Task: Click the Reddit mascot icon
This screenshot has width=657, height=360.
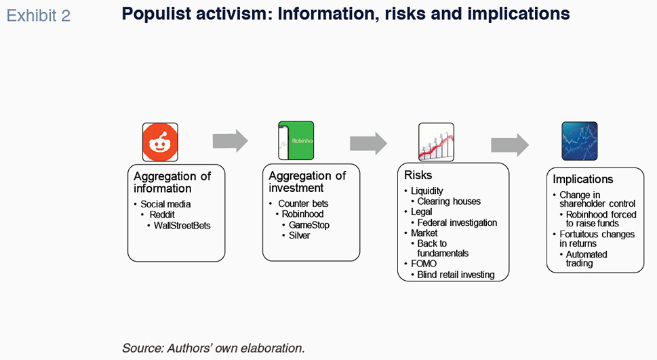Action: point(160,142)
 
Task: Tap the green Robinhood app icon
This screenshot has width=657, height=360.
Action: point(296,140)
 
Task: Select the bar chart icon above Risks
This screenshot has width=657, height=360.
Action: point(436,142)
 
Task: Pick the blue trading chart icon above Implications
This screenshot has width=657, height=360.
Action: point(580,141)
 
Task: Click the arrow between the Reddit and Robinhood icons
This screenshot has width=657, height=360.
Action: point(230,141)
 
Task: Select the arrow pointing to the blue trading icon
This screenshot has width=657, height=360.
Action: point(509,145)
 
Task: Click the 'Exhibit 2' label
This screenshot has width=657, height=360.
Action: point(38,16)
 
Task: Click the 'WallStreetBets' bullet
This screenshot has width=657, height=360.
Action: point(182,226)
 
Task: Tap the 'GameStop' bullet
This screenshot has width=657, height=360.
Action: point(308,225)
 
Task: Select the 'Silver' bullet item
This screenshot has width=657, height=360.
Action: point(299,235)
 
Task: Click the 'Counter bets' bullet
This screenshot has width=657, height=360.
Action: point(303,203)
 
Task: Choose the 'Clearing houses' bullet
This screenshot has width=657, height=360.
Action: point(449,201)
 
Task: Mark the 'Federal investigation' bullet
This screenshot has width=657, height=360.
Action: point(457,222)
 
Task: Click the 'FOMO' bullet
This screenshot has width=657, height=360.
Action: point(424,264)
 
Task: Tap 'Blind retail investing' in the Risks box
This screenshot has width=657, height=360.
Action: point(456,275)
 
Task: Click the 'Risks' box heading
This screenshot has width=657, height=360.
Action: point(418,175)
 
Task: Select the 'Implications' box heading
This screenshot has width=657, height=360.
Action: point(583,180)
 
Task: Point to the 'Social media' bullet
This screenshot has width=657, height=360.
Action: point(165,204)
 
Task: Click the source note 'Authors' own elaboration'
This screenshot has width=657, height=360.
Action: point(235,348)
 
